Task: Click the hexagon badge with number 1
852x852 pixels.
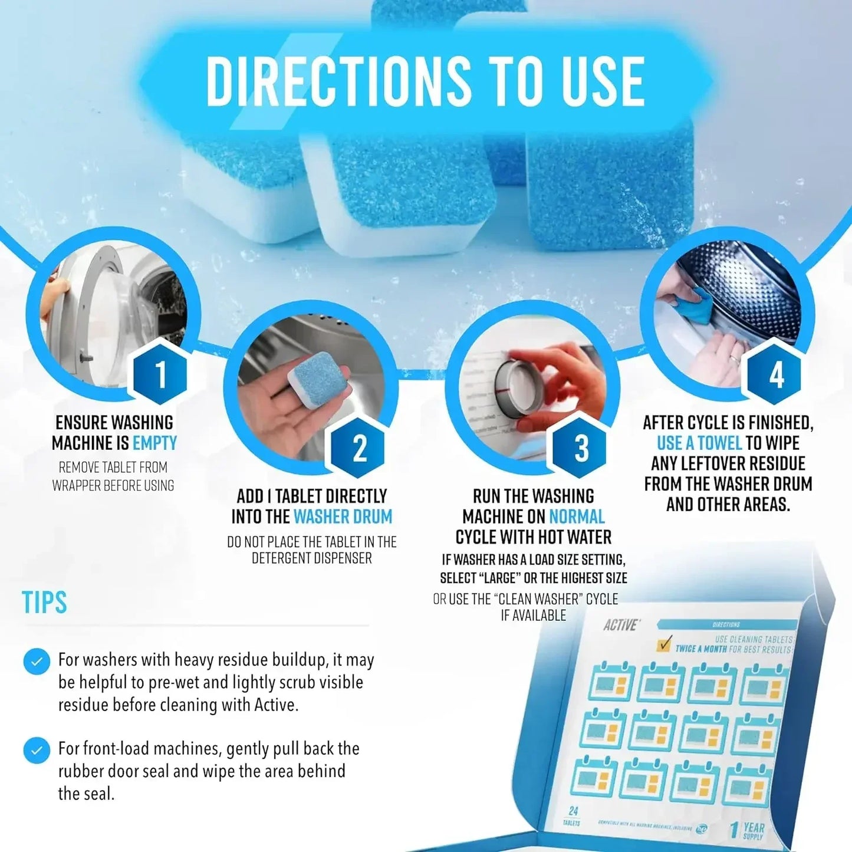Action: click(160, 373)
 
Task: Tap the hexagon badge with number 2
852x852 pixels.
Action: click(359, 448)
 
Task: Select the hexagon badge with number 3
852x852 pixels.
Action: click(581, 448)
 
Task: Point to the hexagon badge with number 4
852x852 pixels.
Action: click(776, 374)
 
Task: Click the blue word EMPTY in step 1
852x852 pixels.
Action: click(154, 443)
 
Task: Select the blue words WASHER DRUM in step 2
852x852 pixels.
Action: click(343, 517)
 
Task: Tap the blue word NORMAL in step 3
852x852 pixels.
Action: click(577, 517)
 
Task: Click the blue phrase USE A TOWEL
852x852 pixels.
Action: click(699, 443)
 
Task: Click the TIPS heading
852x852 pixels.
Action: click(44, 603)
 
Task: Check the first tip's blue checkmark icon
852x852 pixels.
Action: click(37, 662)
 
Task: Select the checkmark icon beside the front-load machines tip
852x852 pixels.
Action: click(37, 751)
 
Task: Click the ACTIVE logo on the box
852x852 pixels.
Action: click(620, 625)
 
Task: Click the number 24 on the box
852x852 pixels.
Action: click(573, 811)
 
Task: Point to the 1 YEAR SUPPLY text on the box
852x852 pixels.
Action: click(748, 830)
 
